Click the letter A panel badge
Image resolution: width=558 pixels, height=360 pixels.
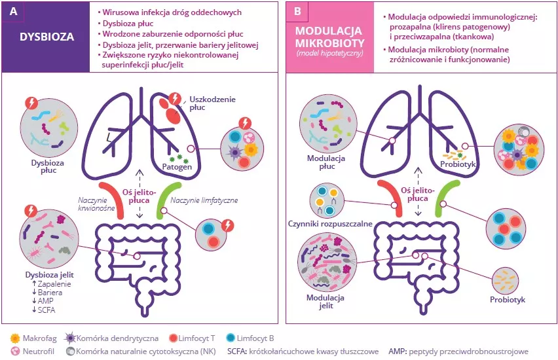click(x=11, y=11)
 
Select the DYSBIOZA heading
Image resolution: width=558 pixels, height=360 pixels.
click(x=46, y=37)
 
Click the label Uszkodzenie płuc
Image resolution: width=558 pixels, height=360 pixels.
click(x=211, y=103)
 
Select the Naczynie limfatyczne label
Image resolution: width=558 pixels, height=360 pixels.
click(x=204, y=200)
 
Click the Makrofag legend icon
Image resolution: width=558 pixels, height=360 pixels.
click(x=15, y=338)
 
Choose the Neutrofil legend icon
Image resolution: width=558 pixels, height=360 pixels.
click(x=15, y=351)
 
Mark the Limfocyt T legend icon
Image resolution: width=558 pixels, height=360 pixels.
click(x=174, y=338)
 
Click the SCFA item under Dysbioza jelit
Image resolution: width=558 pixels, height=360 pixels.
click(x=47, y=310)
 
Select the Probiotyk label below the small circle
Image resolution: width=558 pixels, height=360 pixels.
click(x=508, y=302)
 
